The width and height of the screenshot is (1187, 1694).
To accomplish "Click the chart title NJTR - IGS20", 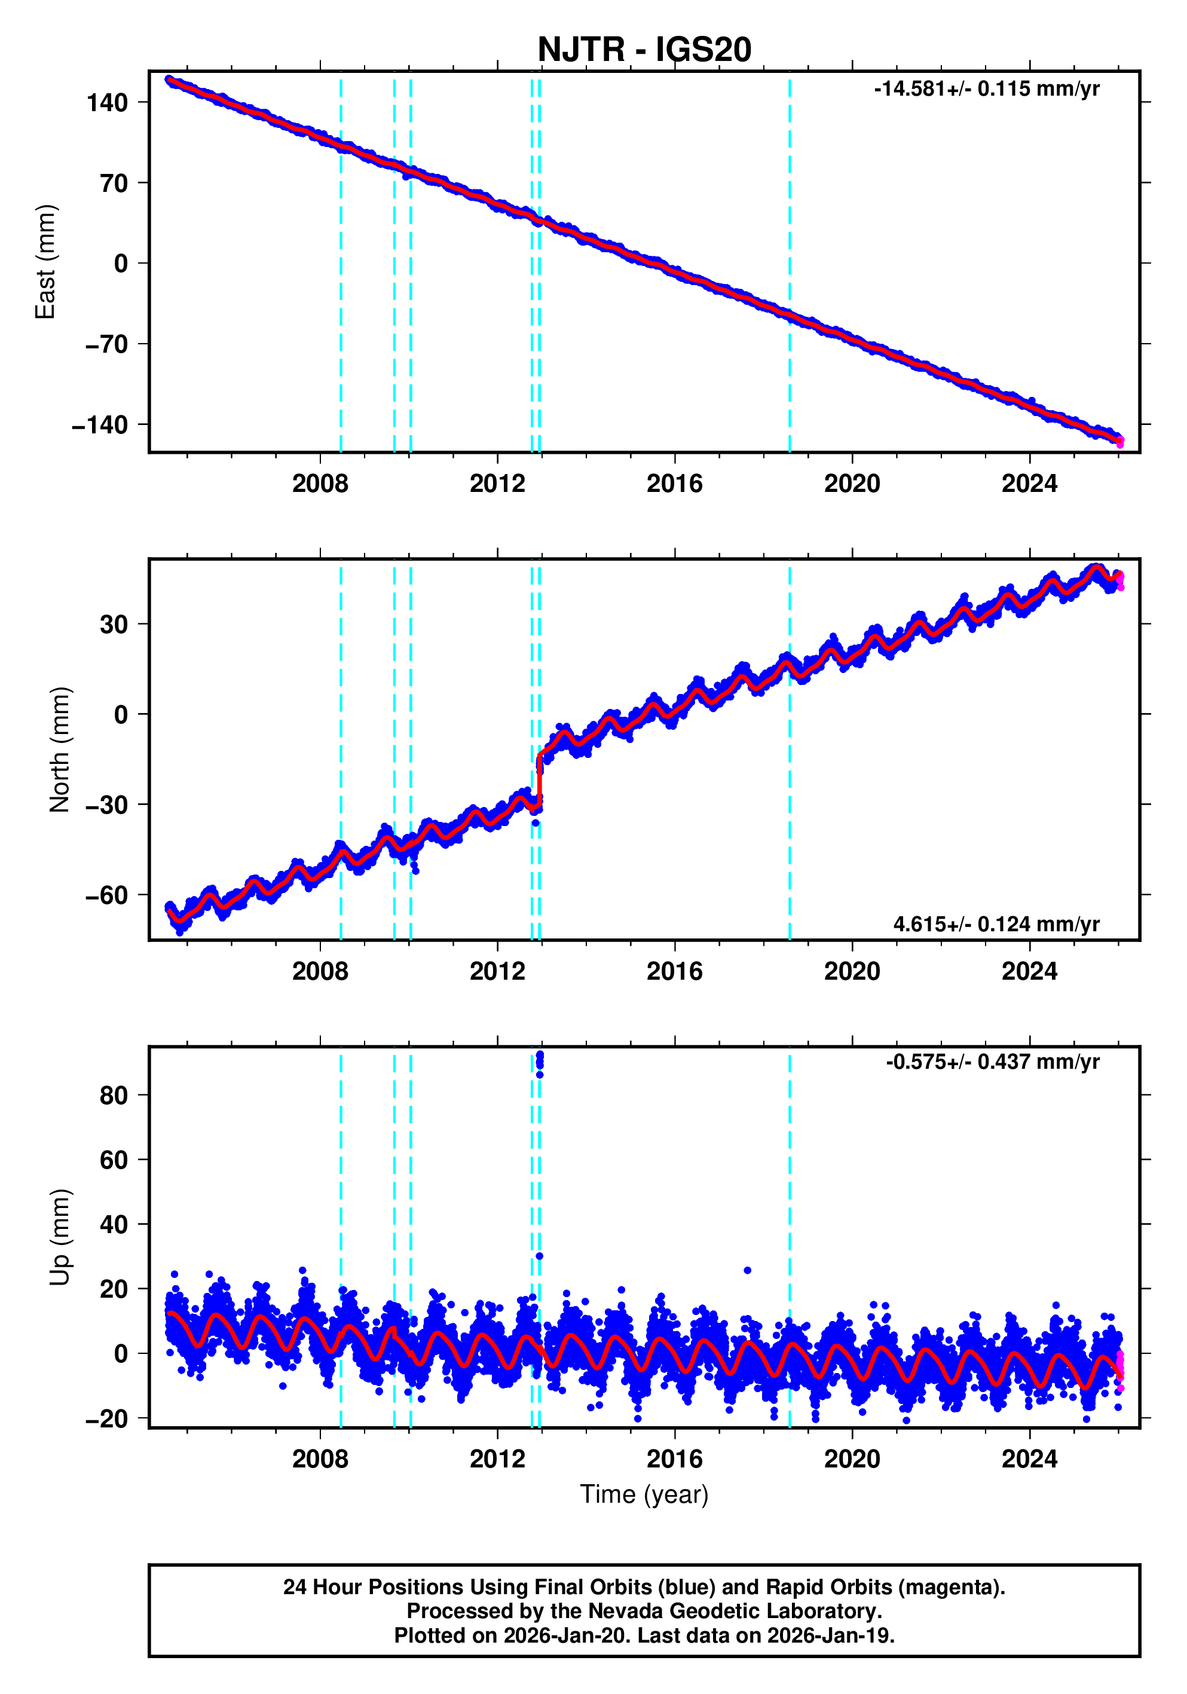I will coord(644,50).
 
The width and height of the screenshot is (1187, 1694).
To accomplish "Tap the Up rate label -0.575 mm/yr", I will coord(992,1062).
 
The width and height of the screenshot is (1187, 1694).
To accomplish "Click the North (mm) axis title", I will coord(59,750).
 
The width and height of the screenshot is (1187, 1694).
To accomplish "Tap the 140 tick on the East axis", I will coord(108,103).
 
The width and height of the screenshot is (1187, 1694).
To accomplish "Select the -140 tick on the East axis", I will coord(100,426).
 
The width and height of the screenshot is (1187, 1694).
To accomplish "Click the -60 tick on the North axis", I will coord(107,895).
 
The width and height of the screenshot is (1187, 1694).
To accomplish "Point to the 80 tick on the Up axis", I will coord(114,1096).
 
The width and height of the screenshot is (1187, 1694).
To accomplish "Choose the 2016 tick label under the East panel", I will coord(674,484).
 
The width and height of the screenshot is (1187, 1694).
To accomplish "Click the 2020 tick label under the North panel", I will coord(852,972).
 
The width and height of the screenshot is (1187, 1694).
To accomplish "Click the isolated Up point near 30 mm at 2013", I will coord(539,1256).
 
